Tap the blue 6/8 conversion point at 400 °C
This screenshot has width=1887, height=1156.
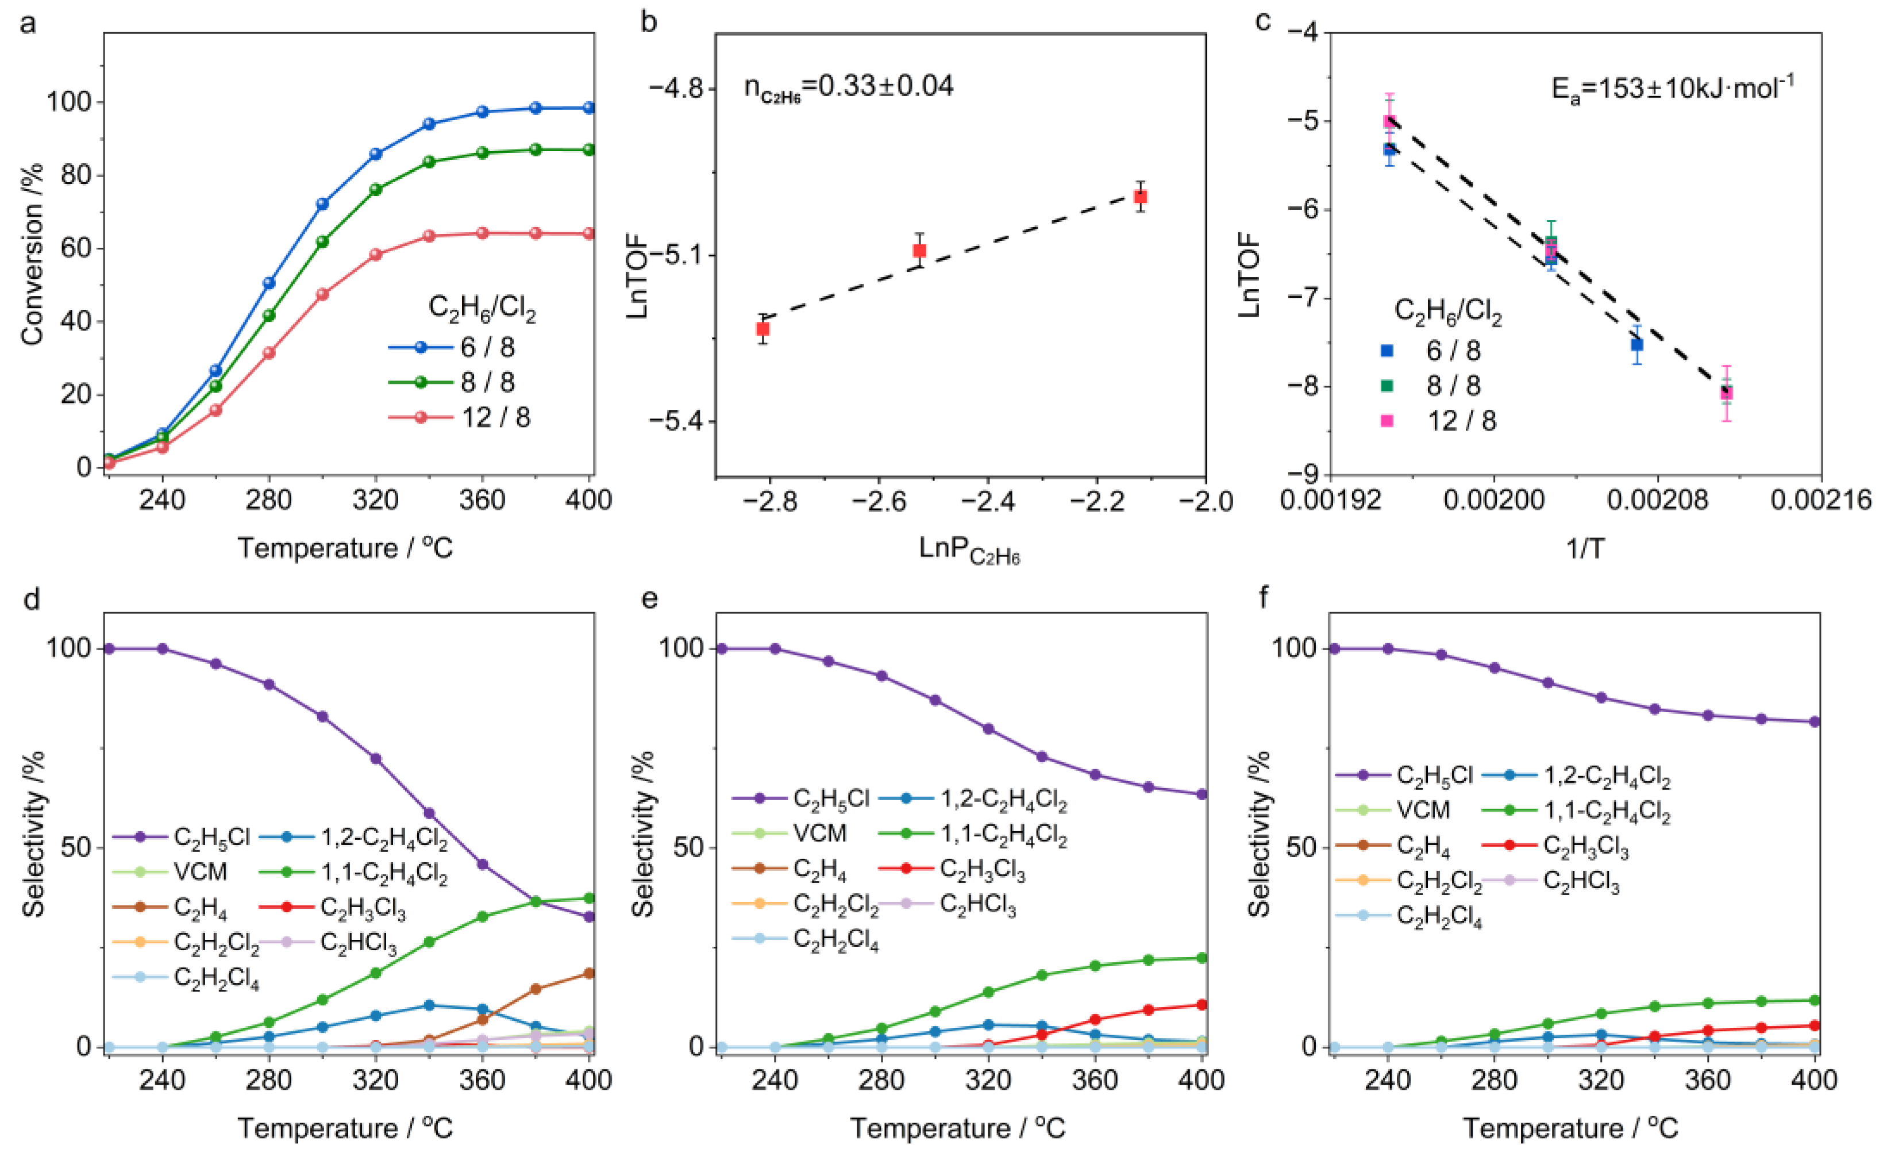tap(589, 108)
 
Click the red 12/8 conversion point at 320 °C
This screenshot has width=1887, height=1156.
tap(375, 254)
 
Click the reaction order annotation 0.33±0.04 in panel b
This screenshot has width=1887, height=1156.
tap(849, 86)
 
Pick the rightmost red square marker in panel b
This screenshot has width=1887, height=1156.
tap(1141, 197)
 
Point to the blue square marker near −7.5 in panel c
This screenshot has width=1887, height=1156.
tap(1636, 345)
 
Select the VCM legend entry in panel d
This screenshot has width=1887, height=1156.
tap(200, 873)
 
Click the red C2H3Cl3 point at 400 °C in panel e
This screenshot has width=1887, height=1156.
tap(1201, 1005)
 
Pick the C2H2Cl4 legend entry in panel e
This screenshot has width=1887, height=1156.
tap(835, 939)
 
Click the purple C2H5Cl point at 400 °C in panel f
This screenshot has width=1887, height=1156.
tap(1814, 721)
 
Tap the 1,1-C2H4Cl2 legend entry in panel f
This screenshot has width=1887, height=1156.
tap(1606, 811)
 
